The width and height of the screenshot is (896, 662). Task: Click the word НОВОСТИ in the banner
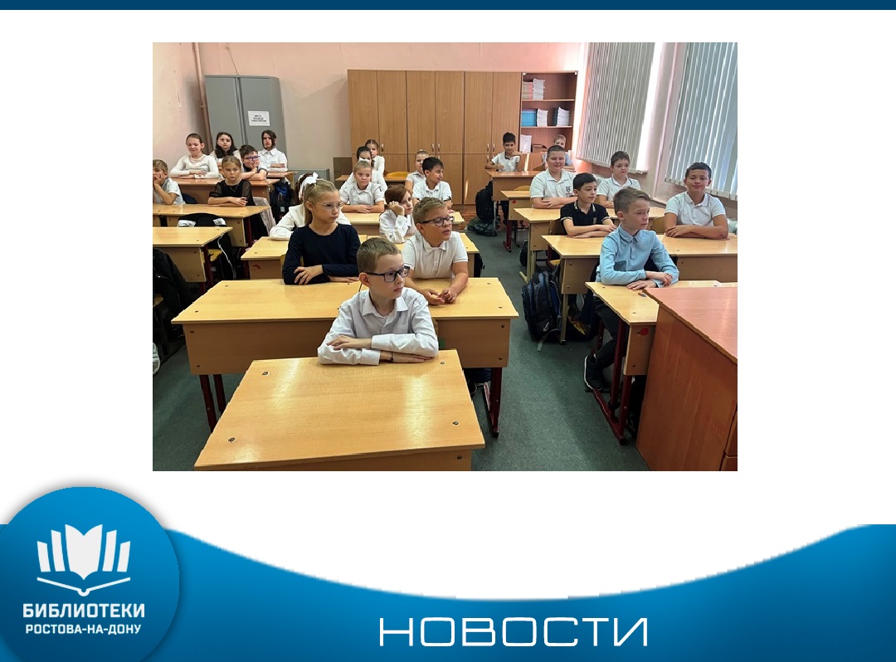(514, 631)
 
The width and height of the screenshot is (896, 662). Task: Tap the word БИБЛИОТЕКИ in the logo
(84, 611)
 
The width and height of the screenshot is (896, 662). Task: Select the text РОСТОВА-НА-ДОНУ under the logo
(84, 629)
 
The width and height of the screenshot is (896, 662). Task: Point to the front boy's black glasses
(388, 275)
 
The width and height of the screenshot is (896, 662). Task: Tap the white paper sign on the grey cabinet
(258, 119)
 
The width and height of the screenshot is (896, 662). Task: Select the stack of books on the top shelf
(533, 89)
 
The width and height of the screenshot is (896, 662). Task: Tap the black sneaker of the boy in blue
(592, 372)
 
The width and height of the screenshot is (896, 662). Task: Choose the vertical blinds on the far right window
(703, 117)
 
